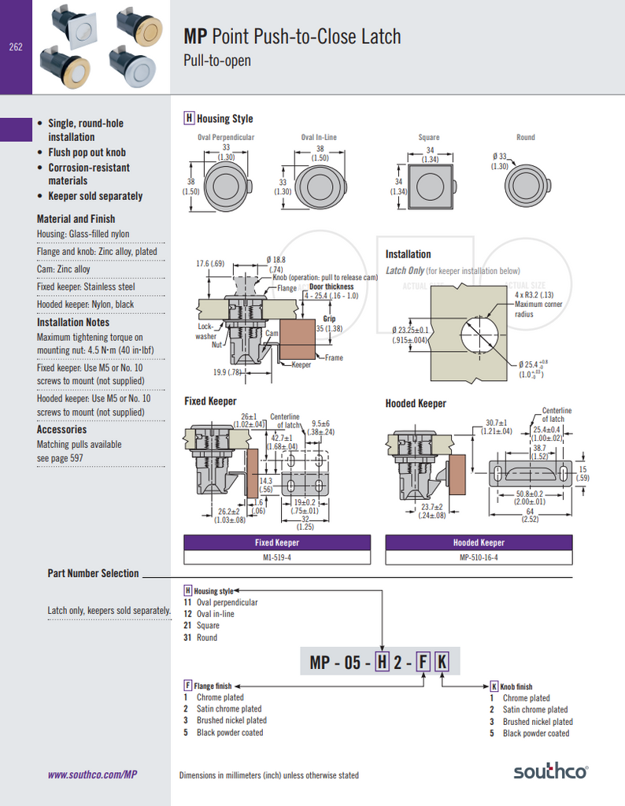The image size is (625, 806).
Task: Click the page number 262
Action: tap(16, 47)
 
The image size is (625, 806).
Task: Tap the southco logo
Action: tap(551, 771)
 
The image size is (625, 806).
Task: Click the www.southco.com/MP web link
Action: tap(93, 775)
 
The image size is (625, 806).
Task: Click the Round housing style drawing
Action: tap(525, 187)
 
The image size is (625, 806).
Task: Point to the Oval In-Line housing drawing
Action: tap(319, 187)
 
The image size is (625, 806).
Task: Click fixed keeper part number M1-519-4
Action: tap(277, 557)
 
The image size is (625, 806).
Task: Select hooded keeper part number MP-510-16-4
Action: tap(479, 557)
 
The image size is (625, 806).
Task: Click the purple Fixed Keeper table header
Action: tap(277, 542)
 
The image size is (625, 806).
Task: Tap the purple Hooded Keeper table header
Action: tap(479, 542)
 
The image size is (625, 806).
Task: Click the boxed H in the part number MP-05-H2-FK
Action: tap(383, 663)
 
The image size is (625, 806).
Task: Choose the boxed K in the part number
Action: tap(442, 663)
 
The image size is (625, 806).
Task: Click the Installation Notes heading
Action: tap(73, 322)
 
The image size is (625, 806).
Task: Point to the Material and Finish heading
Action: tap(76, 219)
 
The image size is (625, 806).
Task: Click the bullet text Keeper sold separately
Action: tap(95, 196)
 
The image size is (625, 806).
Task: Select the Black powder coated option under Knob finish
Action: tap(535, 734)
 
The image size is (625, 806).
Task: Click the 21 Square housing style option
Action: tap(202, 626)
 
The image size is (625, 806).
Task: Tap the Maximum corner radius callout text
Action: tap(535, 309)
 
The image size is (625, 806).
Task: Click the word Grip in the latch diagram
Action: tap(329, 319)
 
